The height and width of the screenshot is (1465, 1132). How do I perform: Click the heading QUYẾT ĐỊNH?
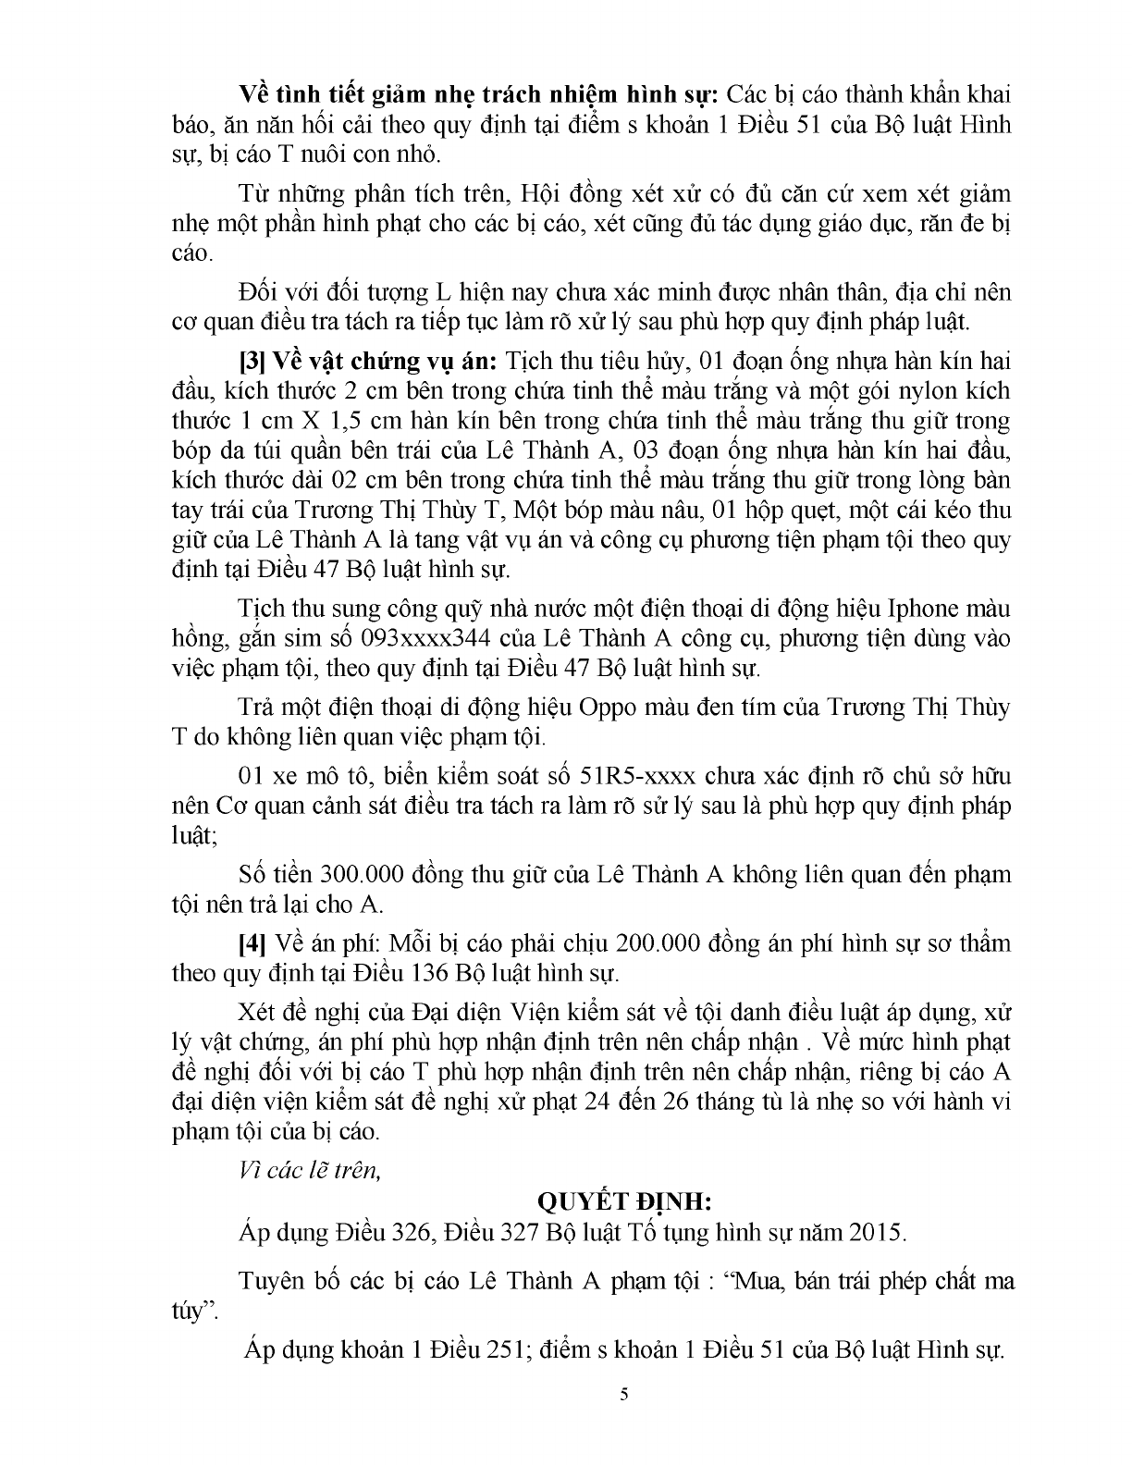(624, 1201)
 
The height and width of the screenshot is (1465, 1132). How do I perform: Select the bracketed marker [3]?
(252, 360)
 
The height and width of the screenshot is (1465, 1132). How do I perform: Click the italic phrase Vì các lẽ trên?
(309, 1170)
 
